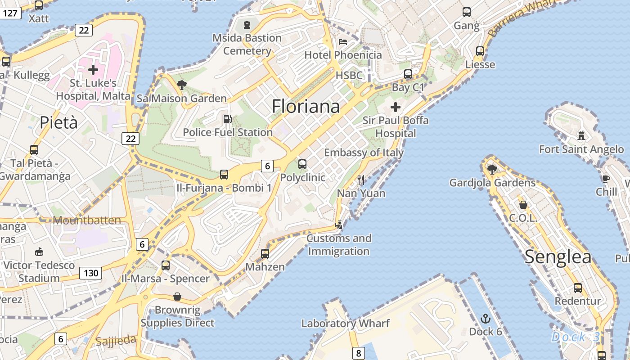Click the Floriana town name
tap(306, 107)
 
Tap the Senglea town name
tap(558, 256)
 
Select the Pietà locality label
tap(58, 122)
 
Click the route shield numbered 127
tap(10, 13)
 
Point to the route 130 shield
tap(90, 273)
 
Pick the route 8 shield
tap(358, 353)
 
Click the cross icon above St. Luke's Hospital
tap(93, 70)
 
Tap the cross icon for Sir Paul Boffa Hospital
tap(396, 107)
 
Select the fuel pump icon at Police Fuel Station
tap(228, 119)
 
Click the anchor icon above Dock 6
tap(486, 319)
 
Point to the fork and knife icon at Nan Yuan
tap(361, 180)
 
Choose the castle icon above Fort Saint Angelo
tap(581, 135)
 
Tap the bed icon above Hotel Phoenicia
tap(343, 42)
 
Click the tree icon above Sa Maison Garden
tap(182, 85)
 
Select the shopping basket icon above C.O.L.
tap(523, 205)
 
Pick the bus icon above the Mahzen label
tap(265, 254)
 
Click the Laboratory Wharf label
tap(346, 323)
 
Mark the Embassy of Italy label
tap(364, 153)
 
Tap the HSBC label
tap(349, 75)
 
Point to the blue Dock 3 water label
tap(576, 337)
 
